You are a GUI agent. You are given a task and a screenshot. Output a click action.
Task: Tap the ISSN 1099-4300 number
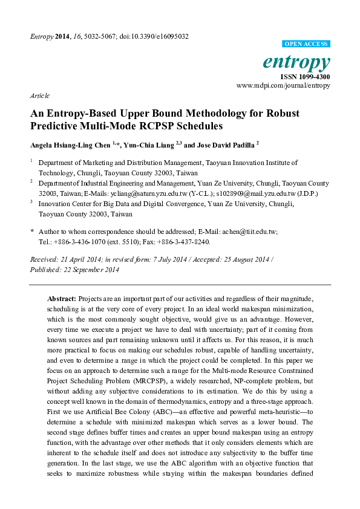click(305, 77)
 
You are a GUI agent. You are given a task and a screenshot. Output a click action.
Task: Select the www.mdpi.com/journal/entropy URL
click(283, 86)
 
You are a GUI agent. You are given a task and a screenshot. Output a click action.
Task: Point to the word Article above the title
click(39, 96)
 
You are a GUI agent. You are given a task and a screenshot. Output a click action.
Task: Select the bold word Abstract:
click(61, 299)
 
